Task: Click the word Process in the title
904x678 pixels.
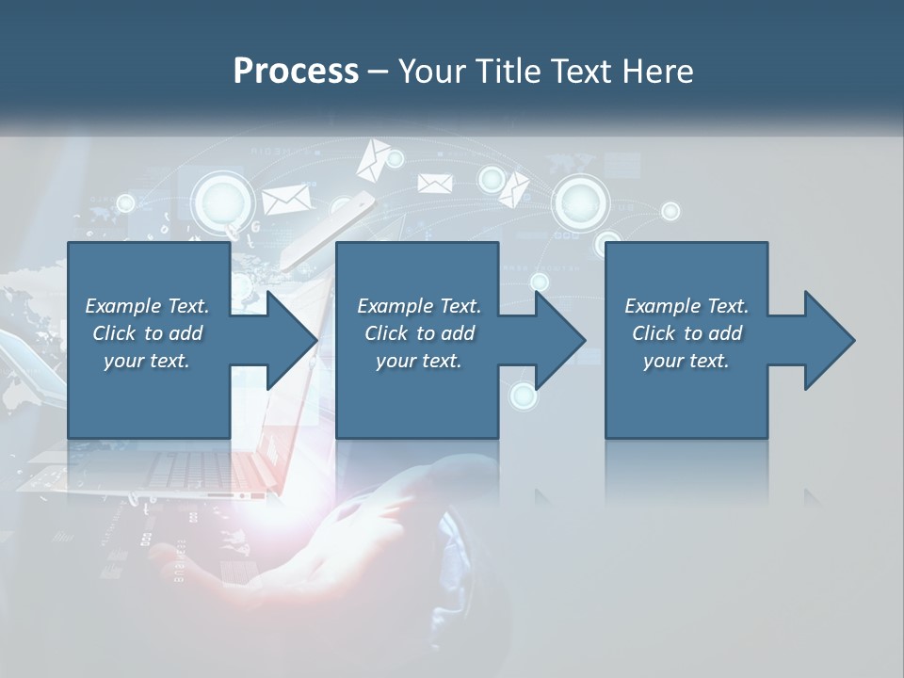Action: pyautogui.click(x=296, y=72)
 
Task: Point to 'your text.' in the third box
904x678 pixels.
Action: pyautogui.click(x=686, y=361)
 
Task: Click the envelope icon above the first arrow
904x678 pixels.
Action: pyautogui.click(x=285, y=200)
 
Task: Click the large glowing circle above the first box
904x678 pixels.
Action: pyautogui.click(x=223, y=201)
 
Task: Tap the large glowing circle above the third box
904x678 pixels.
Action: pyautogui.click(x=578, y=200)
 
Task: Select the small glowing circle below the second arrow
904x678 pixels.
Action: pyautogui.click(x=523, y=395)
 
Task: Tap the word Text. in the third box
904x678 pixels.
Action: pyautogui.click(x=726, y=306)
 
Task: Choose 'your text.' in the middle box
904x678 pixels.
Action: pyautogui.click(x=419, y=361)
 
